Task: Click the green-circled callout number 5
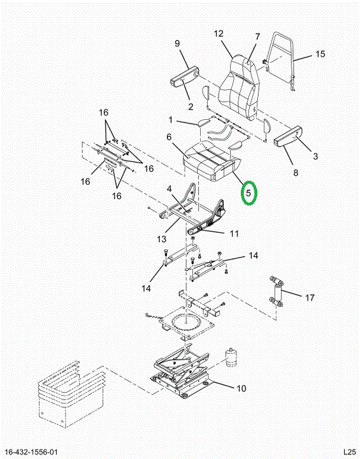(x=248, y=193)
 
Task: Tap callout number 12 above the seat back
(x=219, y=34)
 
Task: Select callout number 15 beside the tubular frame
(x=320, y=54)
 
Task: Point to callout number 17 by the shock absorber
(x=310, y=298)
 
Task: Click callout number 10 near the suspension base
(x=241, y=388)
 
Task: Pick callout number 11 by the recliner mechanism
(x=234, y=233)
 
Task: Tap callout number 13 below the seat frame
(x=161, y=239)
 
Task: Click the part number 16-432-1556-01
(x=31, y=452)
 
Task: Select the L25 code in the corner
(x=349, y=452)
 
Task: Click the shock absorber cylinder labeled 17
(x=277, y=292)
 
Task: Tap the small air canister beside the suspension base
(x=231, y=358)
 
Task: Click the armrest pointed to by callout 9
(x=185, y=76)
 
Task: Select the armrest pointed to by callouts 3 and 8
(x=288, y=136)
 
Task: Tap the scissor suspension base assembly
(x=182, y=370)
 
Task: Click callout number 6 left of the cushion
(x=169, y=137)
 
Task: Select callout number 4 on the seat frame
(x=169, y=189)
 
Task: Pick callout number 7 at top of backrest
(x=257, y=37)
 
